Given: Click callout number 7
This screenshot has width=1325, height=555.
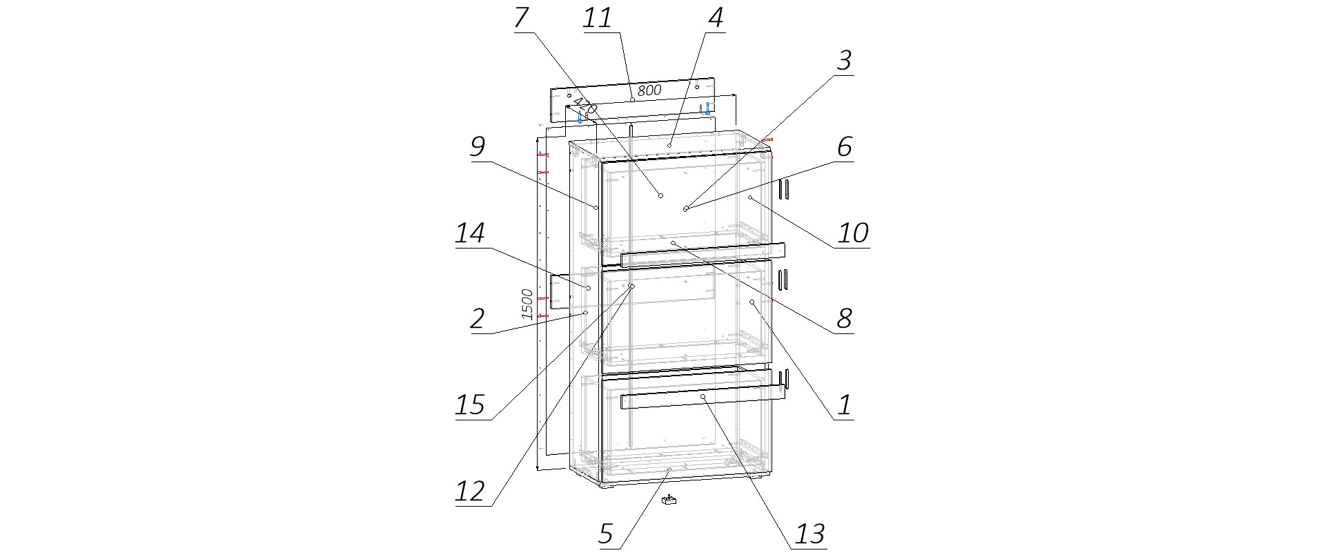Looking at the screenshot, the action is coord(522,18).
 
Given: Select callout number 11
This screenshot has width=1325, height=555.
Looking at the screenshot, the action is coord(598,18).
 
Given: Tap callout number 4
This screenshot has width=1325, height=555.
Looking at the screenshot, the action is coord(716,18).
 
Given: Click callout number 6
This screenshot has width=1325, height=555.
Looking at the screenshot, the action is coord(845,147).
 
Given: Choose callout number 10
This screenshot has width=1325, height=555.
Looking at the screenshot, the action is coord(852,233).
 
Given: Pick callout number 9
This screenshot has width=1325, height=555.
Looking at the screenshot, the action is coord(477,147).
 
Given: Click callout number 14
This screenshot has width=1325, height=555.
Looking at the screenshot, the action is coord(470,233).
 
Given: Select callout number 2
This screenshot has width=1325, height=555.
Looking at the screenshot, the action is coord(477,319).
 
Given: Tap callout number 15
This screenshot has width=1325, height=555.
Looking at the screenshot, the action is coord(470,405).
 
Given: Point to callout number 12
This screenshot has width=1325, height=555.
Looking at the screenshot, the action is coord(470,492).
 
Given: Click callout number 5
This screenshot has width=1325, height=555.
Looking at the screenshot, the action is coord(605,534).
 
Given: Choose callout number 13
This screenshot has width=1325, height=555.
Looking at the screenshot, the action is coord(809,534).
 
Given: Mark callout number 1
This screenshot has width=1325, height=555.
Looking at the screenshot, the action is coord(845,405).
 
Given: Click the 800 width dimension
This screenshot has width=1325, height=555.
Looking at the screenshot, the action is coord(649,90).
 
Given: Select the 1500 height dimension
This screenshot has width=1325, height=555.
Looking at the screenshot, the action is coord(527,304).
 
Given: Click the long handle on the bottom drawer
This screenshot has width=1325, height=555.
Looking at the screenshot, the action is coord(704,398).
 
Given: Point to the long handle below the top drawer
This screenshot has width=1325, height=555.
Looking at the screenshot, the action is coord(704,255).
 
